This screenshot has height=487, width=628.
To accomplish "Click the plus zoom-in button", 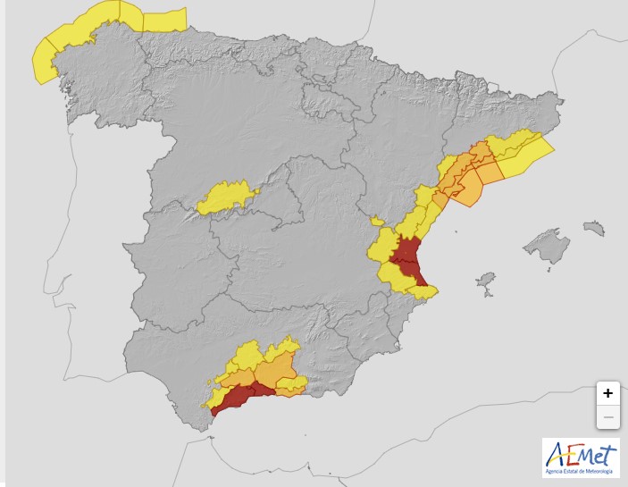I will tap(607, 393).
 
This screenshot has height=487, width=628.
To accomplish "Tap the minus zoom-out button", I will tap(607, 416).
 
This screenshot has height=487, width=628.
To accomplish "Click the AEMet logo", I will tap(580, 453).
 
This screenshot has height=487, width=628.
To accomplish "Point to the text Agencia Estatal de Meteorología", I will tap(580, 470).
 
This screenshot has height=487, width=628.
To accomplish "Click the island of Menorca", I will tap(593, 229).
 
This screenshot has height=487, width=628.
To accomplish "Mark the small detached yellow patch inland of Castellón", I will tap(377, 221).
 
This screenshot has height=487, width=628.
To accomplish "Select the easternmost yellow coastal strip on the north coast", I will tap(164, 20).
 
